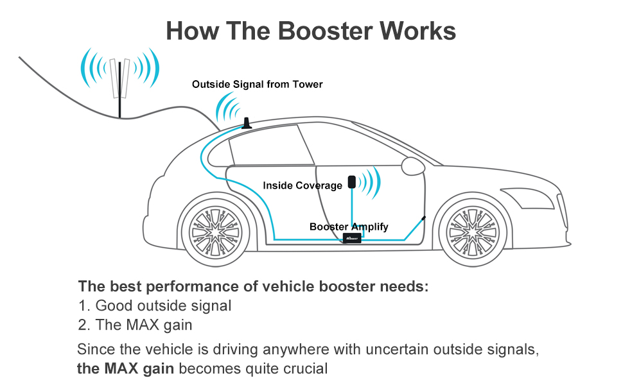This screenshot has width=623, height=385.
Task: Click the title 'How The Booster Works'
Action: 311,31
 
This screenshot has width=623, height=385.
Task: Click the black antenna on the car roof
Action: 246,123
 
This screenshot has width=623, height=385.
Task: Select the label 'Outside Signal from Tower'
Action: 257,84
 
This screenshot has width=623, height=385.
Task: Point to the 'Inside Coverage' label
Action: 303,185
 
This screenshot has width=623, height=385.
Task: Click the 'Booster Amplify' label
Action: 349,227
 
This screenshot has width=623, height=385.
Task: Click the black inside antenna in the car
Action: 352,182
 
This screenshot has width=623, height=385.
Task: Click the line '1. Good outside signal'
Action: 154,306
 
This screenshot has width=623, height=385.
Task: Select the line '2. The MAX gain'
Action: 135,325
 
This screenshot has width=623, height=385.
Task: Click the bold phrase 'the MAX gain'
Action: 127,368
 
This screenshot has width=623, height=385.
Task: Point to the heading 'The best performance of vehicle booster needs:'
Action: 253,286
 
